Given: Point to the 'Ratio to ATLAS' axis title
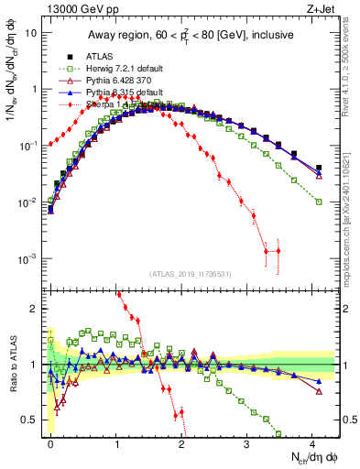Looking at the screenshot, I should (12, 364).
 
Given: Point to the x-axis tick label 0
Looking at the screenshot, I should (50, 442).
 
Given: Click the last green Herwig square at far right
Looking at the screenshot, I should (319, 202).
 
